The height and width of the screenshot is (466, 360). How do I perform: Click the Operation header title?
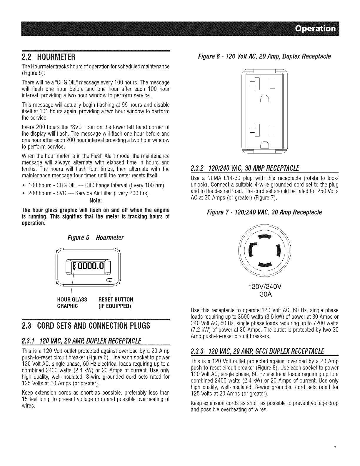point(315,29)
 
